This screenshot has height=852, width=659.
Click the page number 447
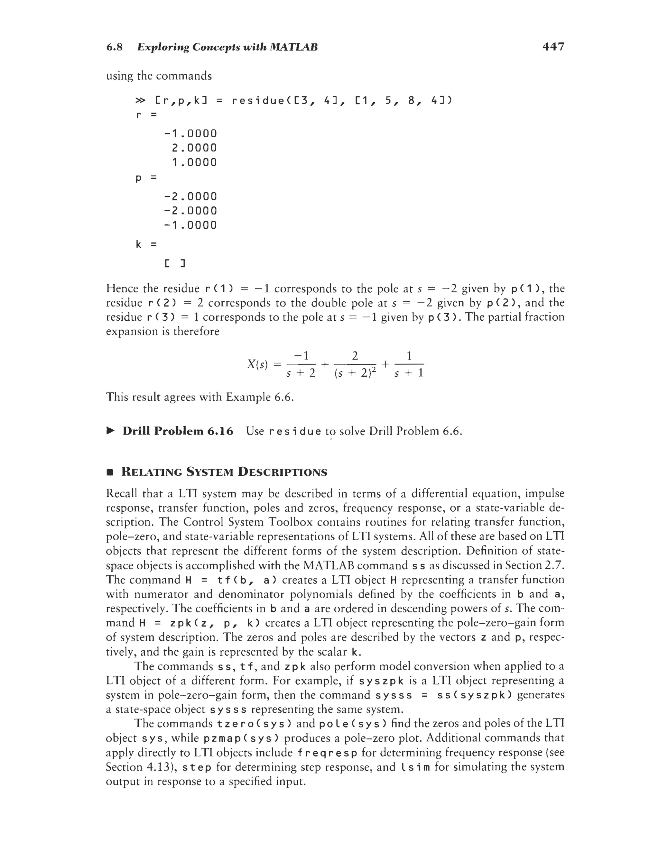pyautogui.click(x=553, y=47)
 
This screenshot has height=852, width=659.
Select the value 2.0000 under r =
pyautogui.click(x=194, y=148)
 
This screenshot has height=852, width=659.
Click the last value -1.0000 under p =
pyautogui.click(x=190, y=225)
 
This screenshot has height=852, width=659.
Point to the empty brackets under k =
pyautogui.click(x=174, y=264)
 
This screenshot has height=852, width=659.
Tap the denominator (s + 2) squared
pyautogui.click(x=355, y=374)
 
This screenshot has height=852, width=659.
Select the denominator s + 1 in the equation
pyautogui.click(x=409, y=374)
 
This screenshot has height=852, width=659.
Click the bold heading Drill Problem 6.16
pyautogui.click(x=178, y=431)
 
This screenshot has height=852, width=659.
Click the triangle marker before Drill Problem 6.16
pyautogui.click(x=110, y=431)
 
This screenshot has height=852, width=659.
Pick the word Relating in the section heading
pyautogui.click(x=152, y=472)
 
